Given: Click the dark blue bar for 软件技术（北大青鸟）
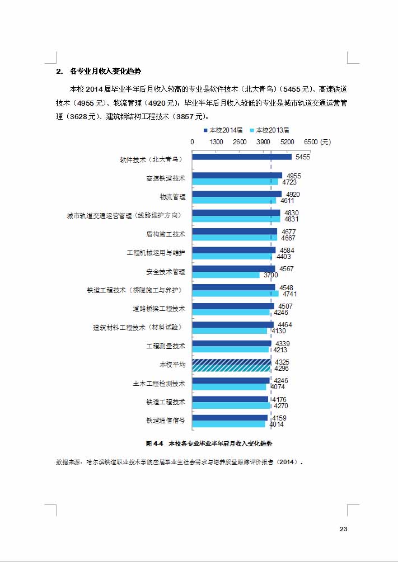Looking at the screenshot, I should coord(242,157).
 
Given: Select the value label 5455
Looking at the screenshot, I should coord(302,157).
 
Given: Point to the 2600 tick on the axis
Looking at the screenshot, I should coord(240,142).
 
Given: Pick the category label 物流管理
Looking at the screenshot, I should coord(172,197).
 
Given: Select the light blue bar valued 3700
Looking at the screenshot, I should coord(226,275).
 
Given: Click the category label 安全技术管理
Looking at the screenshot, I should coord(166,272).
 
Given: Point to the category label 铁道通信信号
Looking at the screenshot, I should coord(166,421).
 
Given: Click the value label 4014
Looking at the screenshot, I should coord(277,424).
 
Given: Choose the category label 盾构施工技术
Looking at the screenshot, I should coord(166,234).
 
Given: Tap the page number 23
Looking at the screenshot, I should coord(344,529).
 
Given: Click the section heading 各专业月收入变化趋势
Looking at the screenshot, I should coord(105,72).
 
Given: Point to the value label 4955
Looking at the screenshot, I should coord(293,176).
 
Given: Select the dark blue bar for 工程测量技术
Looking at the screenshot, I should coord(231,343).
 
